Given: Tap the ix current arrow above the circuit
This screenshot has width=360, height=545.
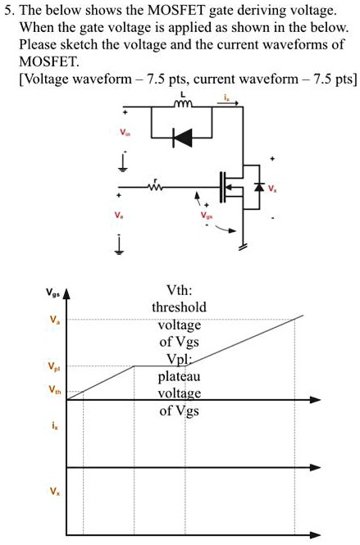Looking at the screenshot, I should [x=225, y=102].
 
